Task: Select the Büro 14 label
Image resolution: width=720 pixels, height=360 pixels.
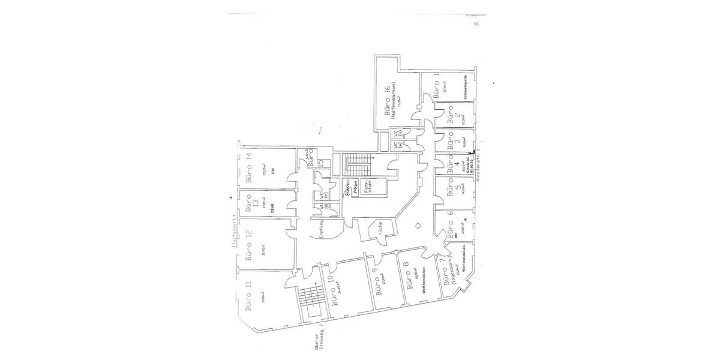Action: (248, 169)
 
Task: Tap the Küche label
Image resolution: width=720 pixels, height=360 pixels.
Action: (379, 229)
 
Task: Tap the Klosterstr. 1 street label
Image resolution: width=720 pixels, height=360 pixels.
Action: (480, 166)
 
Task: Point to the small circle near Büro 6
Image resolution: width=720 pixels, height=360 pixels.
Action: (418, 226)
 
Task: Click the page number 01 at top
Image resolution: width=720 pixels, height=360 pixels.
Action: (476, 24)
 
